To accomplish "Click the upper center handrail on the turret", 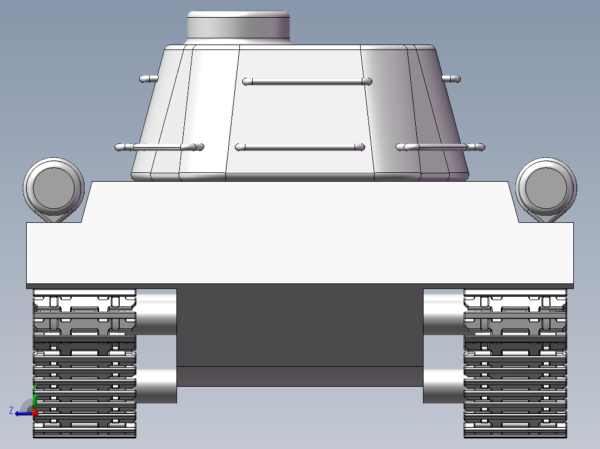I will pos(307,82).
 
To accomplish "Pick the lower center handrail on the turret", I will pos(299,147).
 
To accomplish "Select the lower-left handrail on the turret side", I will pos(159,147).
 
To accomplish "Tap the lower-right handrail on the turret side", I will pos(440,147).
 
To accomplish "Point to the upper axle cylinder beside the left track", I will pos(156,314).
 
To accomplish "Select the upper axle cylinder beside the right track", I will pos(444,314).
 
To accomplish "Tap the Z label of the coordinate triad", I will pos(11,411).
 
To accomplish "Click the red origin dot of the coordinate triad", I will pos(35,413).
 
